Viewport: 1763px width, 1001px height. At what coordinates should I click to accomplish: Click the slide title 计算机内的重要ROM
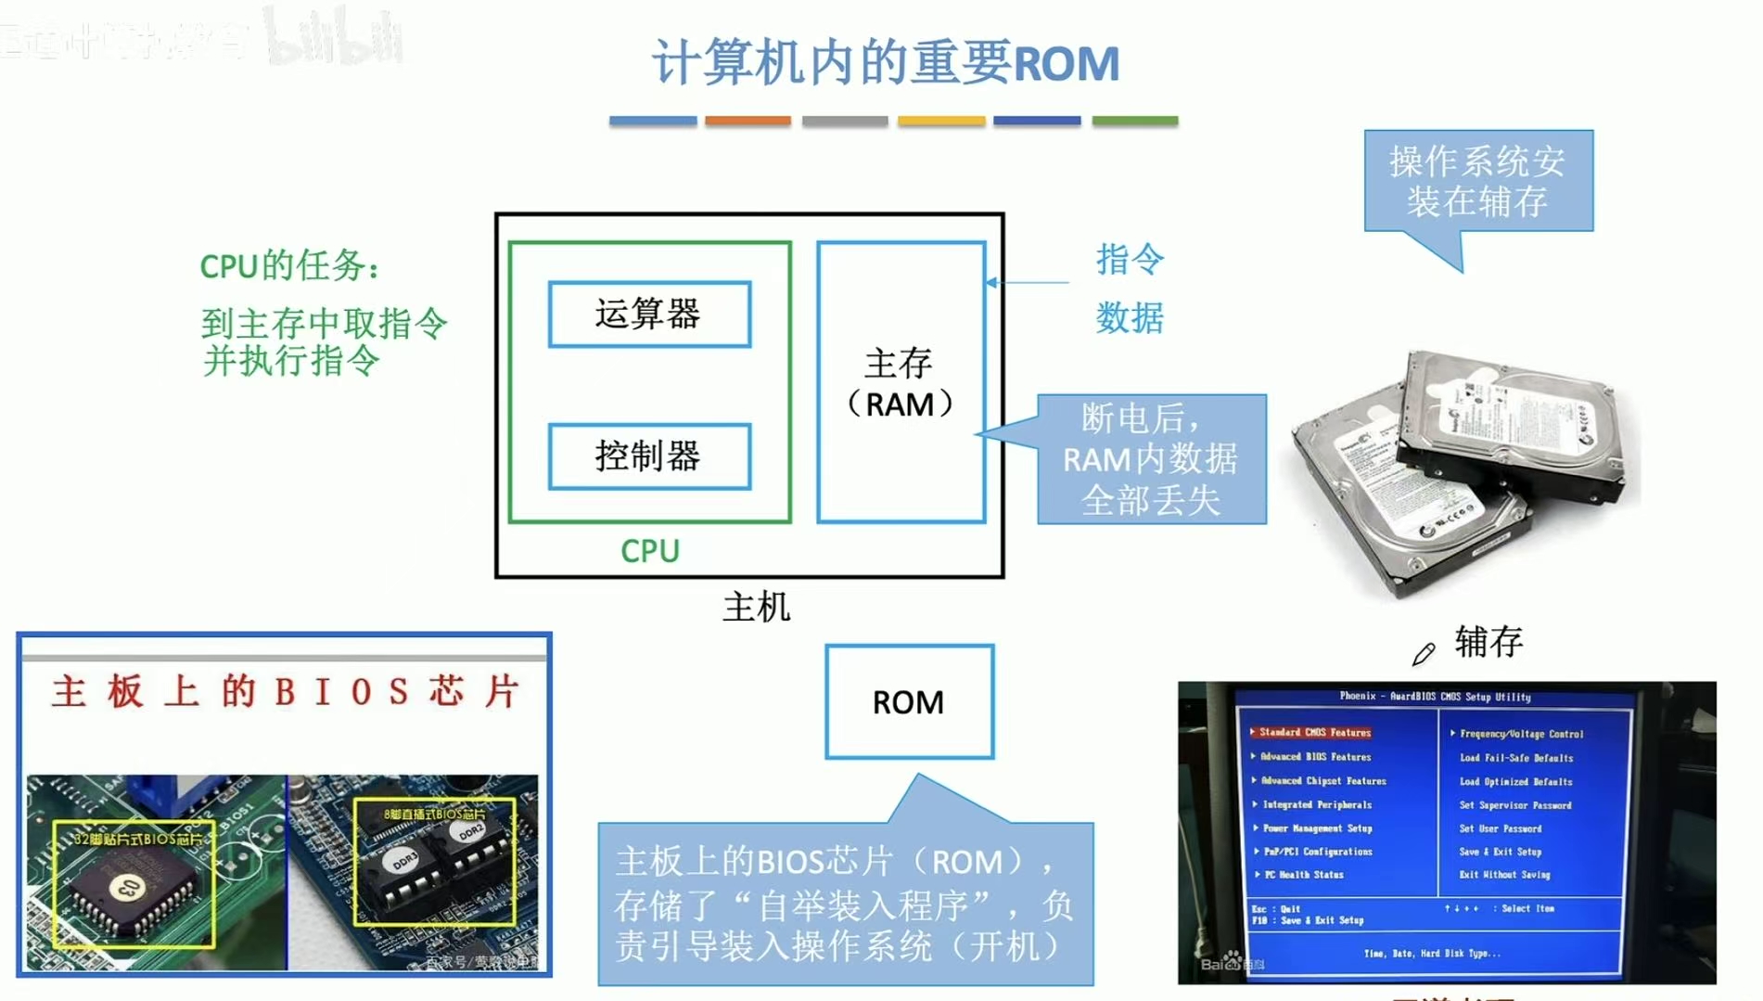coord(886,63)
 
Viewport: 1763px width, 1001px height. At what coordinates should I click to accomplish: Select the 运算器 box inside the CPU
coord(649,314)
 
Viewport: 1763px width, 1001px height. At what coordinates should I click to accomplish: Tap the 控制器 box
coord(649,456)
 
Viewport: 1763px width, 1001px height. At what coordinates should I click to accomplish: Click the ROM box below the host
coord(909,702)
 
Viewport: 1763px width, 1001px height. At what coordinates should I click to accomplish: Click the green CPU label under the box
coord(650,551)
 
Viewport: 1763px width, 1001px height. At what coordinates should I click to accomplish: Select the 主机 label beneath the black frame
coord(757,608)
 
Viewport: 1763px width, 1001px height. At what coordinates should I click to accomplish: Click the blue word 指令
coord(1130,259)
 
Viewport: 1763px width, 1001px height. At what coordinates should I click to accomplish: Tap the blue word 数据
coord(1130,318)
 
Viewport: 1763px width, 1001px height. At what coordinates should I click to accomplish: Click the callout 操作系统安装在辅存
coord(1477,181)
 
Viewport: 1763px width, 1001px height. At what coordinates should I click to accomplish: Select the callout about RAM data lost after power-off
coord(1151,459)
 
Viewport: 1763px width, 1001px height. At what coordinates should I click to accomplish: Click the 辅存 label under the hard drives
coord(1488,642)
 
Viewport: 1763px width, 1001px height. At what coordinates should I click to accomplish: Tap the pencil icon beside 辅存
coord(1424,654)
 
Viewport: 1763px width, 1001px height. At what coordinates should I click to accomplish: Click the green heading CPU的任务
coord(289,266)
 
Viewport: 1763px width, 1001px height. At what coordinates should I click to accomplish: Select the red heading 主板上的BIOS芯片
coord(285,692)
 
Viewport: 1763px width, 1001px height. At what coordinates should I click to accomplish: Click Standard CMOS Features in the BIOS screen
coord(1314,733)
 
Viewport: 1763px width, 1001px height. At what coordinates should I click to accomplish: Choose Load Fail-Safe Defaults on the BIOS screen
coord(1516,758)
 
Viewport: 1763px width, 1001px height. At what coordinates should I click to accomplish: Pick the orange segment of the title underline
coord(747,121)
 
